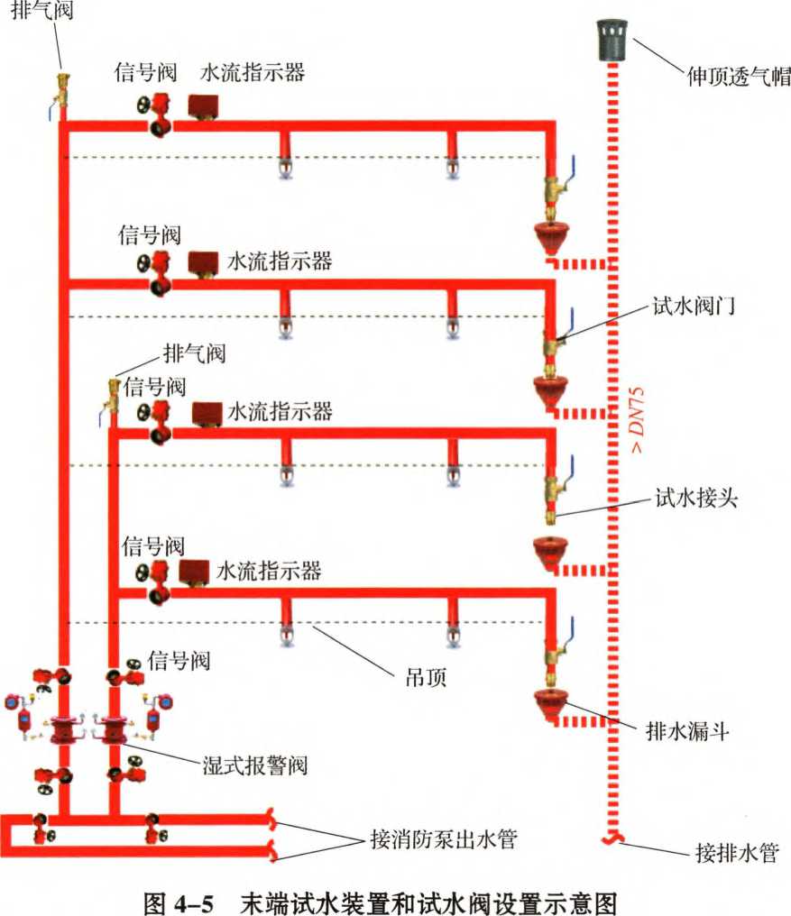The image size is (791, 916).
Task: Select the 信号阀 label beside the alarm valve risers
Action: [x=179, y=661]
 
